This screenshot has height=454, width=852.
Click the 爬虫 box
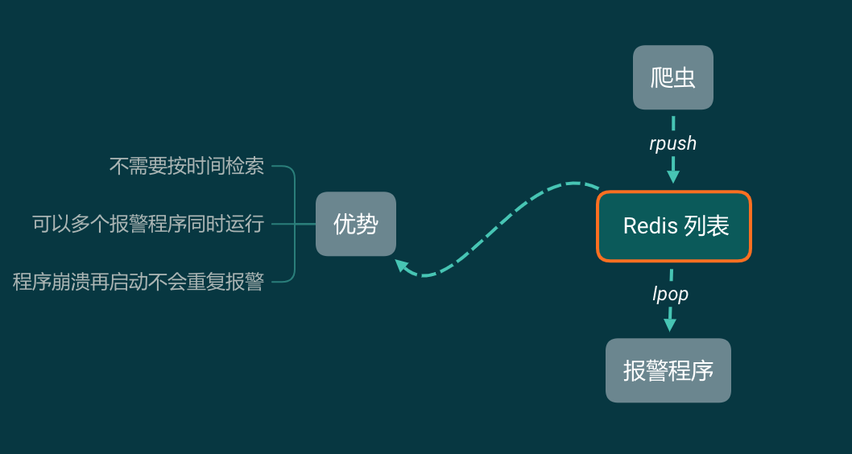point(672,77)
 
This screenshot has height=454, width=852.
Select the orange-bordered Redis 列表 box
point(673,226)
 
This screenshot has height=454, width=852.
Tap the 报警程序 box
point(668,370)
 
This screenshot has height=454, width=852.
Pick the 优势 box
point(355,224)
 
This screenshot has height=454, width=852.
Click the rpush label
point(672,143)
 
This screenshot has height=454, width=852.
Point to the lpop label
point(670,294)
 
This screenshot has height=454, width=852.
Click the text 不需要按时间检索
point(186,166)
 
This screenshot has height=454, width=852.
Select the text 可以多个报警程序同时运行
point(148,223)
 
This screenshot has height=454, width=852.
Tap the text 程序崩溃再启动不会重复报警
point(139,282)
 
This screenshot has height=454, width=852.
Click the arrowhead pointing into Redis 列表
point(673,176)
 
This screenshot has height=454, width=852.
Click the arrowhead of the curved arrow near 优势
point(400,264)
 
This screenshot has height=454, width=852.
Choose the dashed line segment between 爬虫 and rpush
point(673,122)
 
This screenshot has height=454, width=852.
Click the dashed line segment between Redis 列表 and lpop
point(672,274)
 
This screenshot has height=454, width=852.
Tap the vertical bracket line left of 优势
point(295,224)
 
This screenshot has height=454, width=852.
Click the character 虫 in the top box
point(684,77)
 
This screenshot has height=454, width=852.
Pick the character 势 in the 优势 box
point(366,224)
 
